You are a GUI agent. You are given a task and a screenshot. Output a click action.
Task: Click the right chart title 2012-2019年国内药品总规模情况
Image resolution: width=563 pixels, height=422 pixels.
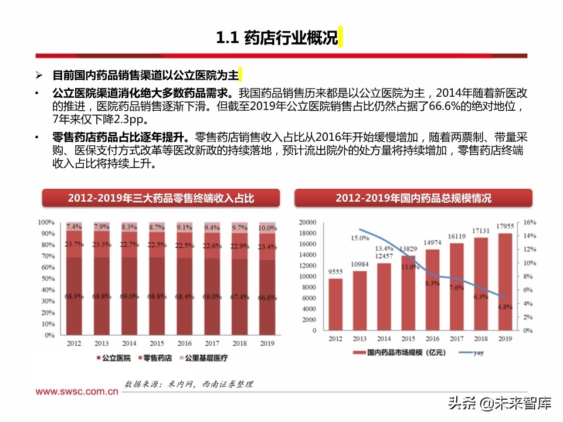(413, 198)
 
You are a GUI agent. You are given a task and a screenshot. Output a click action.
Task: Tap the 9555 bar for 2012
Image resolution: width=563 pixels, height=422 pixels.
(335, 305)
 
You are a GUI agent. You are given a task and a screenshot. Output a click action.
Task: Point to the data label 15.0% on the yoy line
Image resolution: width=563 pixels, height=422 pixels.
(359, 238)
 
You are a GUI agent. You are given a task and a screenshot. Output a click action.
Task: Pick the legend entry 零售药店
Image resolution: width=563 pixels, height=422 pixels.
(155, 358)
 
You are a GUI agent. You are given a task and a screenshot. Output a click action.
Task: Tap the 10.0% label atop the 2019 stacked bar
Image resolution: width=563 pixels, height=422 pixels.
(267, 227)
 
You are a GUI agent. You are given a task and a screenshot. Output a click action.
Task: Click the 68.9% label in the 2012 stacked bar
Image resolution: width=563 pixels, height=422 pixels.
(74, 297)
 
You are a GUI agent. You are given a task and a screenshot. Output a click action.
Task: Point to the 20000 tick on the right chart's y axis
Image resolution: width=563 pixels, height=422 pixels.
(307, 223)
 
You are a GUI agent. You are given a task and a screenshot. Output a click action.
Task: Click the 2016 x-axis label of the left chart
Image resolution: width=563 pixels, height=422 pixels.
(184, 343)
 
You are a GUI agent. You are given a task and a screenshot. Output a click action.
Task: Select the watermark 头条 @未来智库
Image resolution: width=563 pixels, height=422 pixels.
(500, 403)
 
